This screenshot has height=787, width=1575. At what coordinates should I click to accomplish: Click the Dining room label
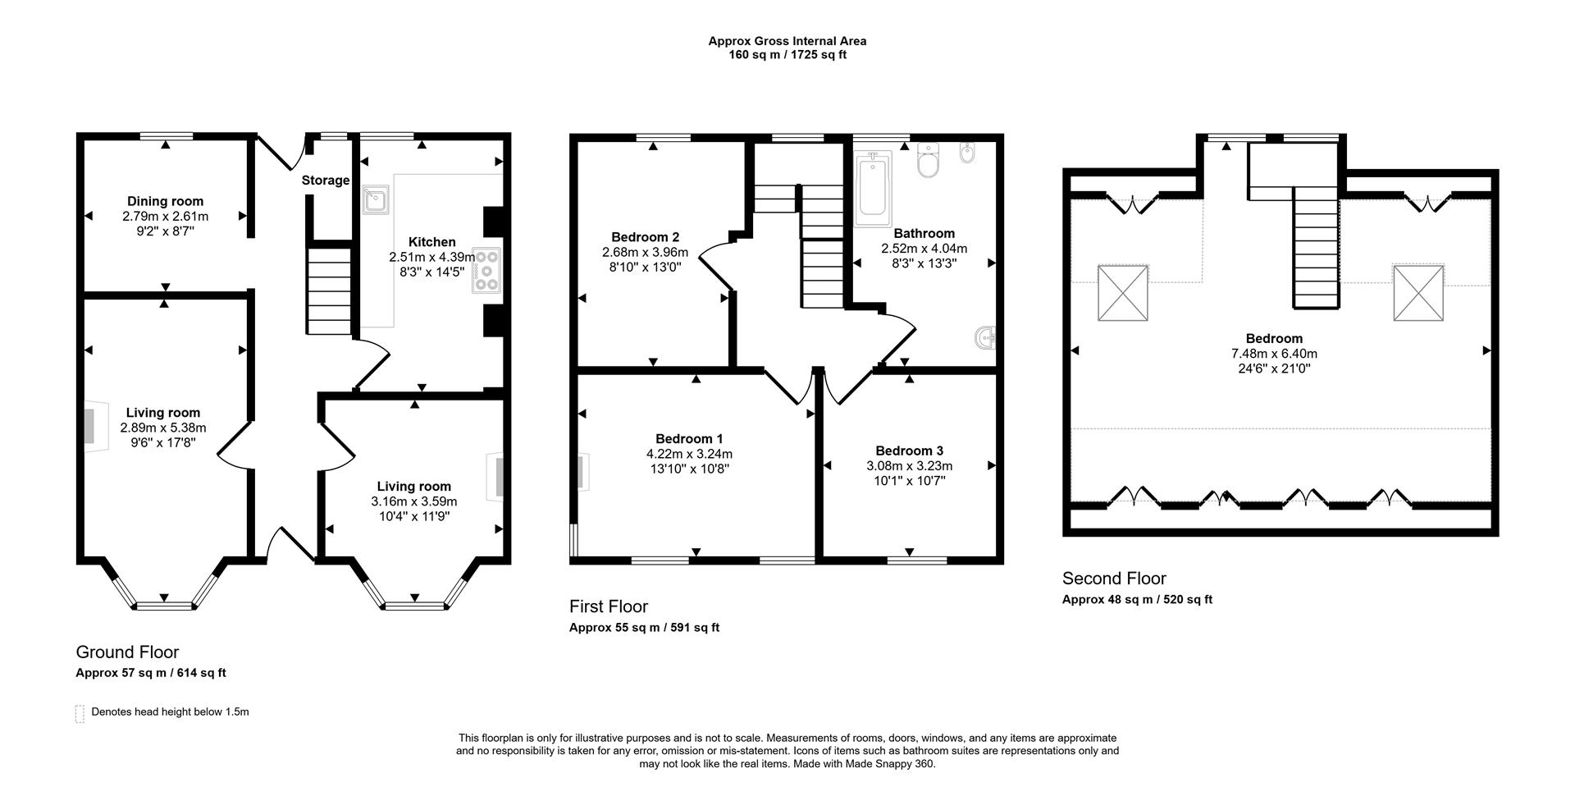tap(165, 201)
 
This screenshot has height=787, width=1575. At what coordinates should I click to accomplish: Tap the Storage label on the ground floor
tap(326, 181)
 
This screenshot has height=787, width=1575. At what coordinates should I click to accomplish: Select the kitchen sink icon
tap(377, 199)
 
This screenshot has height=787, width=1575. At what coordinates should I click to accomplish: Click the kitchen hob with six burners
tap(486, 270)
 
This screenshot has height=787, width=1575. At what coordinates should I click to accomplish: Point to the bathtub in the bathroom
tap(873, 190)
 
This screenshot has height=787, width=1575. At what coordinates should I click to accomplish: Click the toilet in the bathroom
tap(929, 162)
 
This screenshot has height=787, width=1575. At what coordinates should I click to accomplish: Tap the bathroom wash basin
tap(987, 336)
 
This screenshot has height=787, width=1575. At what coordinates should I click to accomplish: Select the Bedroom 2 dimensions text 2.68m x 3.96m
tap(645, 252)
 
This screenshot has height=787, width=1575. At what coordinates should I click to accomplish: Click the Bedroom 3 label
tap(909, 451)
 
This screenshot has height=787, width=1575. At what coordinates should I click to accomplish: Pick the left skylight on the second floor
tap(1123, 292)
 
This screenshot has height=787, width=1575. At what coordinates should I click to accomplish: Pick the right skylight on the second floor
tap(1417, 292)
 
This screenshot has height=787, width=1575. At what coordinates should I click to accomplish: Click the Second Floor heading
tap(1114, 579)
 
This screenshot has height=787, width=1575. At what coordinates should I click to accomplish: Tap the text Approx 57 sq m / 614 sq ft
tap(151, 673)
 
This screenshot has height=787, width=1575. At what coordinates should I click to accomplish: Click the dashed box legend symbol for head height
tap(80, 713)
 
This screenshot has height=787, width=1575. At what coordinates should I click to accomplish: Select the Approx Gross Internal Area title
tap(787, 41)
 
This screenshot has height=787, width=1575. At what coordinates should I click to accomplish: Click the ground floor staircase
tap(330, 291)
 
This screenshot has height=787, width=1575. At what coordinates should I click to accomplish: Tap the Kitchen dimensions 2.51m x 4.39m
tap(431, 257)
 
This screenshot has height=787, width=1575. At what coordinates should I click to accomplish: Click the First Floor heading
tap(609, 606)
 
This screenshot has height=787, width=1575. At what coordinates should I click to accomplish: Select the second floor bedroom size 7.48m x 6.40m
tap(1274, 354)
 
